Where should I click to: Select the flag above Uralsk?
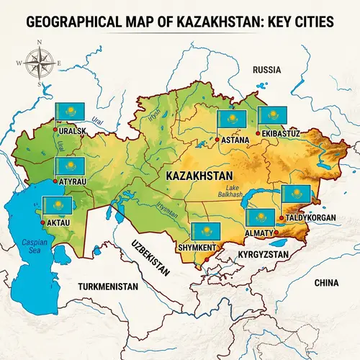(x=71, y=112)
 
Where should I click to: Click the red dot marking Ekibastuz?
(x=258, y=134)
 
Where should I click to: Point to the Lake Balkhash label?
(x=229, y=191)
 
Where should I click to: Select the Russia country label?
(x=266, y=70)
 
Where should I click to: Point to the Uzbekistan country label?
(x=149, y=255)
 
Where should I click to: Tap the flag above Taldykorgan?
(x=297, y=193)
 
